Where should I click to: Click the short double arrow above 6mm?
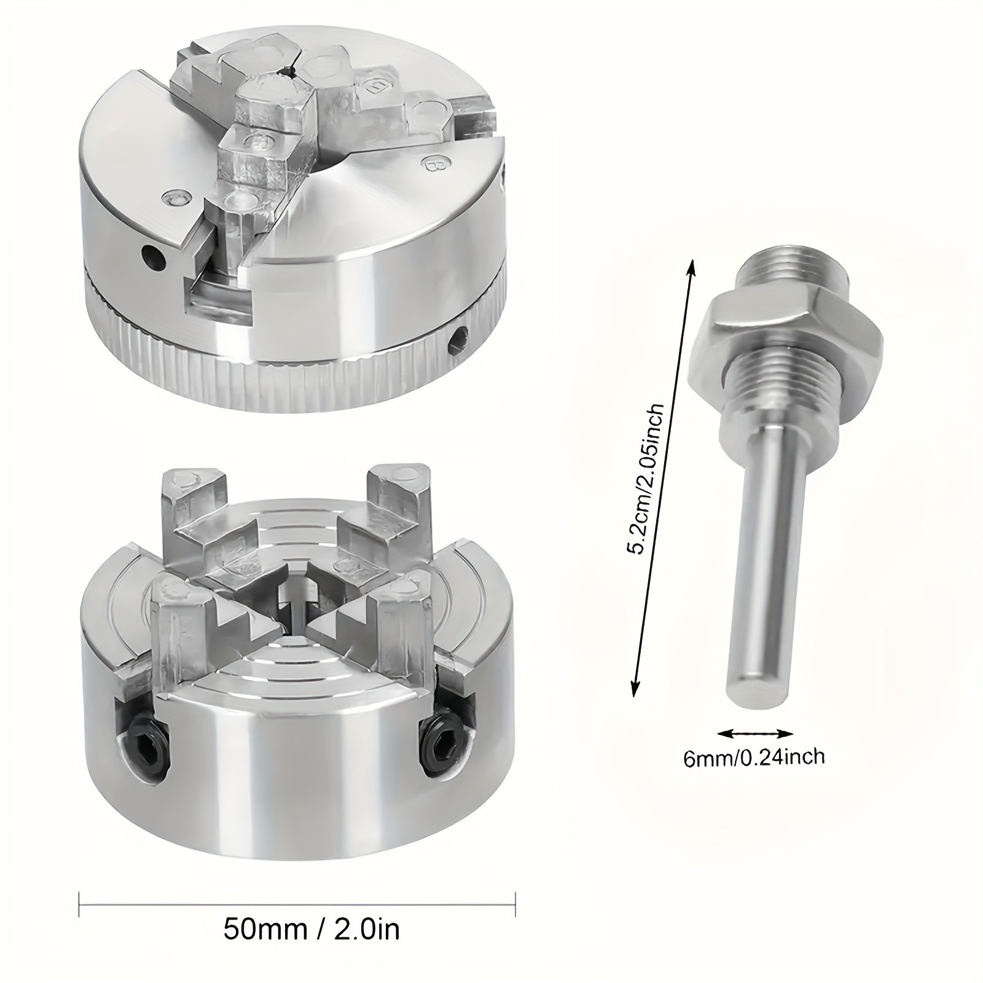(755, 733)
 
